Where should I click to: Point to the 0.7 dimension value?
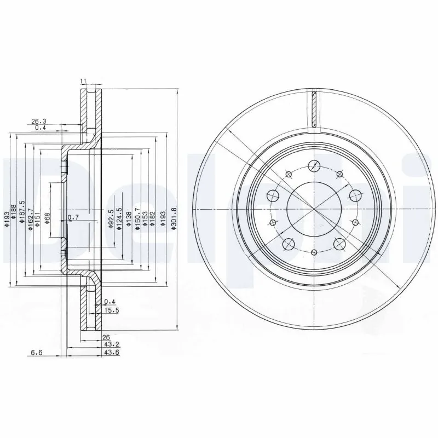click(x=72, y=218)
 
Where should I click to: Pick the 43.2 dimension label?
click(x=112, y=344)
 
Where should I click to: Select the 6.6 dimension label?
click(x=36, y=352)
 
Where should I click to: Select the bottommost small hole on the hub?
click(x=314, y=252)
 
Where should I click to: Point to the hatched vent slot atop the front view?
click(x=314, y=109)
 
